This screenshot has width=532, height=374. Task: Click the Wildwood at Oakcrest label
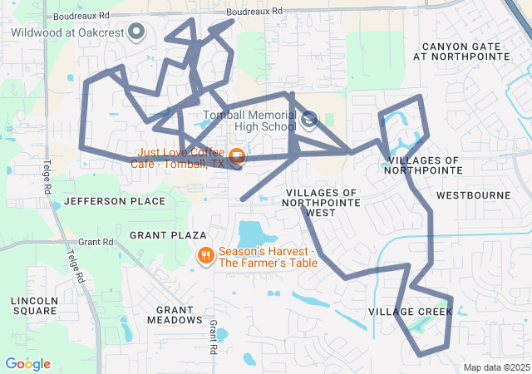coord(67,32)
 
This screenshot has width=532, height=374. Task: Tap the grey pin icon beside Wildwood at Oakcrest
coord(138,32)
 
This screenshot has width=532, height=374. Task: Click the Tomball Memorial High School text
coord(249,121)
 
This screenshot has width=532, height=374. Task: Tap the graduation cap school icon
coord(309,121)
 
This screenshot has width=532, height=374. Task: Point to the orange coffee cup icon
coord(237,155)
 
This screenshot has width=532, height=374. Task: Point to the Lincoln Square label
coord(34,305)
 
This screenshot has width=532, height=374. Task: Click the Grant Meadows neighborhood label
coord(175,314)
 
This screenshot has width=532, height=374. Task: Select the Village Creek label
coord(411,312)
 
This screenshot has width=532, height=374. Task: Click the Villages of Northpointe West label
coord(321,202)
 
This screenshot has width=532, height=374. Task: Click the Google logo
coord(27,364)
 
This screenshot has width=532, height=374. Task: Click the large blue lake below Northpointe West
coord(257,234)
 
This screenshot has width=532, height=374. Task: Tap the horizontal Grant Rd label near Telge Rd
coord(96,242)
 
